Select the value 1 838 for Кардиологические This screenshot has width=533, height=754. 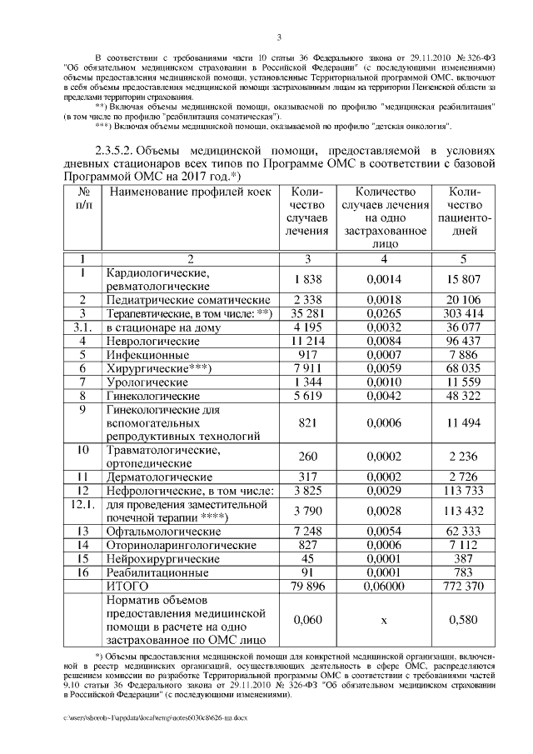point(307,280)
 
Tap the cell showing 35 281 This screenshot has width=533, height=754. point(307,313)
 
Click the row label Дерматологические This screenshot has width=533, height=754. point(157,477)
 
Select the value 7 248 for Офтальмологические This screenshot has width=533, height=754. point(307,531)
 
